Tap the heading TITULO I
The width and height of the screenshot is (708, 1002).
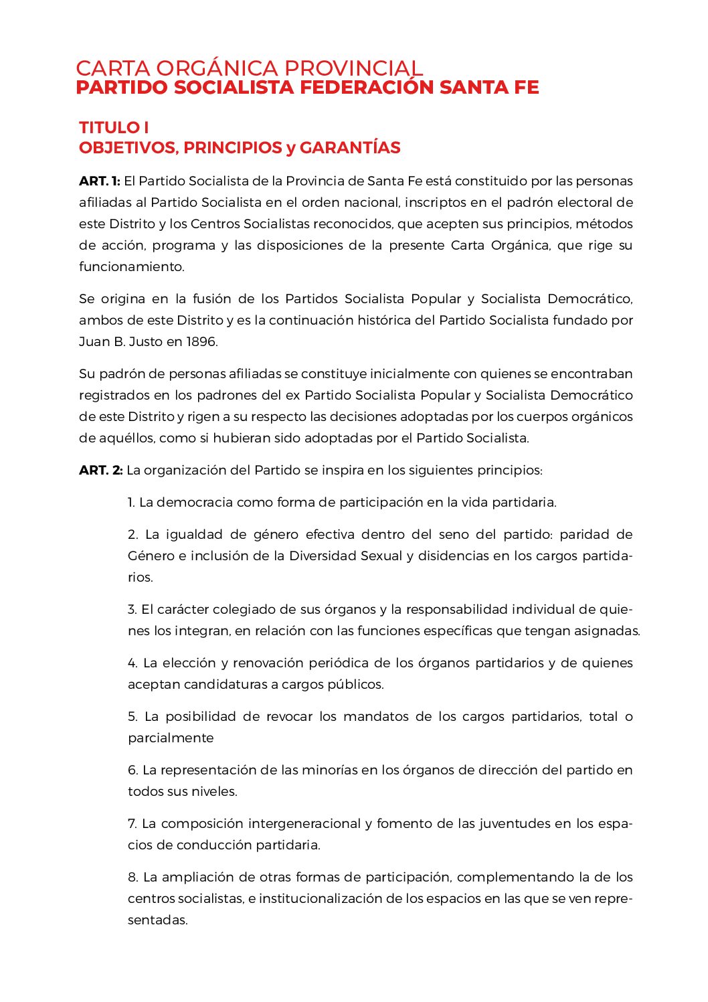click(x=114, y=127)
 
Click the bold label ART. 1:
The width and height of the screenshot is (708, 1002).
click(x=100, y=181)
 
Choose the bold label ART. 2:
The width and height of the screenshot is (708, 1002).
click(x=101, y=471)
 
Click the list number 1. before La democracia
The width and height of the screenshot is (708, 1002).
click(x=132, y=503)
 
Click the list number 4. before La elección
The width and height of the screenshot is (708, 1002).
click(x=132, y=663)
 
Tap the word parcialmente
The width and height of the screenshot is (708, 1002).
click(x=171, y=738)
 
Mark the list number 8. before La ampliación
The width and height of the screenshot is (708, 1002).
click(x=132, y=878)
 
